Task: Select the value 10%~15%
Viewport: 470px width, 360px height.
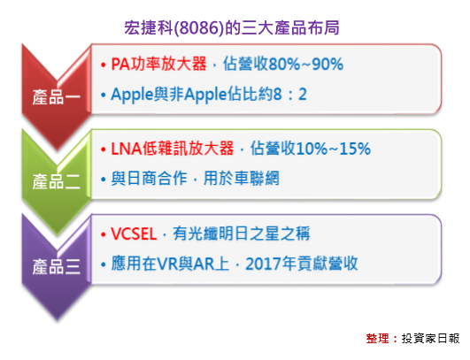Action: click(322, 148)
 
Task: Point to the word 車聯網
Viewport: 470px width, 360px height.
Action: click(258, 178)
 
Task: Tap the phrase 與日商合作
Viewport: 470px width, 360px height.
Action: click(150, 178)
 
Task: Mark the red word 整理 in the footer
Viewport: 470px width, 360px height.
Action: click(378, 338)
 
